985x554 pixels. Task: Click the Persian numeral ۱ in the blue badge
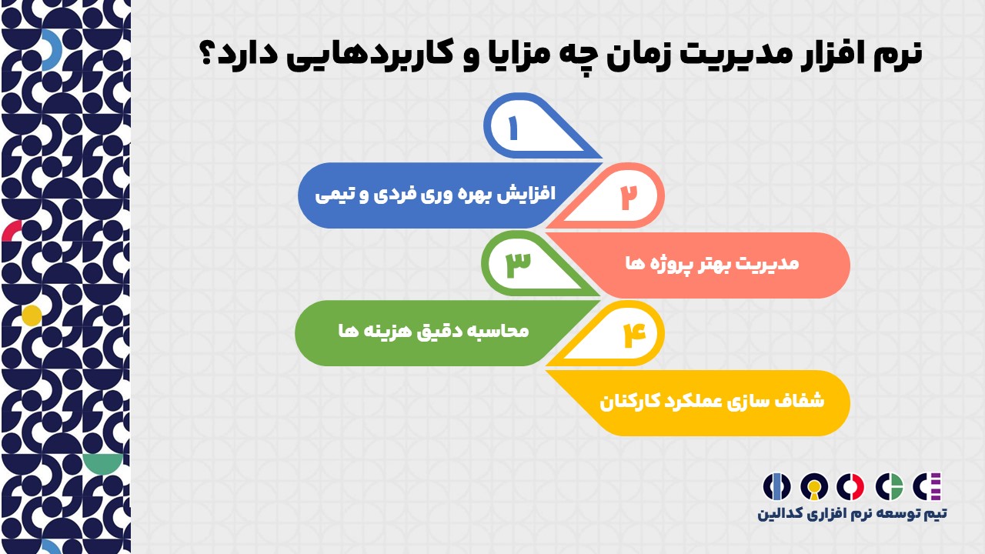(513, 128)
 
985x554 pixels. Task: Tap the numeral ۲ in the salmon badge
(629, 197)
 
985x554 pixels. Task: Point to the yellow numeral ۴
(635, 335)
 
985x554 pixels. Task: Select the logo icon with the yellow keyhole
(814, 487)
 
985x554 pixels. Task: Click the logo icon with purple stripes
(927, 487)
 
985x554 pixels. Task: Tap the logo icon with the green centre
(889, 487)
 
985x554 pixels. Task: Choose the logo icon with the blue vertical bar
(776, 487)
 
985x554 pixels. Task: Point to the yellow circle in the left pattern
(32, 315)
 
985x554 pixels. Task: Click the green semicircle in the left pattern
(103, 462)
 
